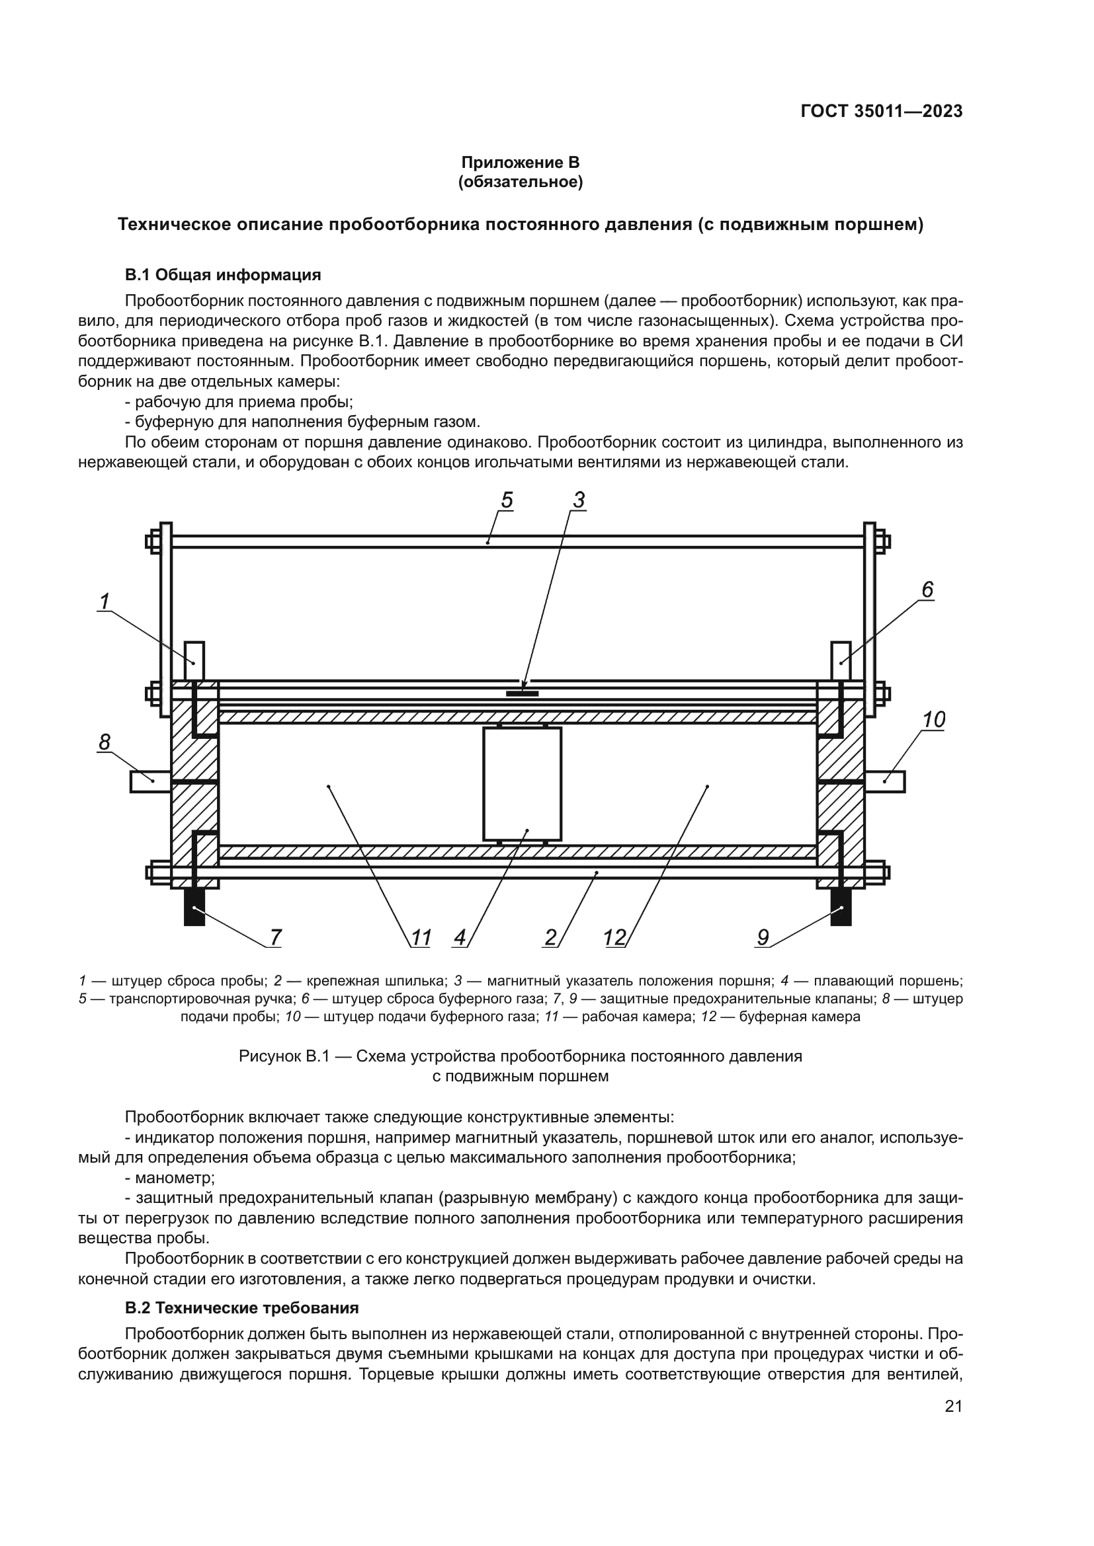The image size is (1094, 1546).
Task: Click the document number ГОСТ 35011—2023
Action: (881, 112)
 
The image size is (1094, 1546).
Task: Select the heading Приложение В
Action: (519, 163)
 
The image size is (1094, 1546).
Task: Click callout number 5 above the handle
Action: (507, 500)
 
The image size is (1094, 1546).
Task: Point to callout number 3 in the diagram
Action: (579, 500)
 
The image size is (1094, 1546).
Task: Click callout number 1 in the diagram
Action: (105, 601)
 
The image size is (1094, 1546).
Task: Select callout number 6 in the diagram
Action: (927, 590)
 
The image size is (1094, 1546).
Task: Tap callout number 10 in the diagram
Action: (933, 720)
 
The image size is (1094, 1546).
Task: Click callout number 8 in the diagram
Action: (105, 742)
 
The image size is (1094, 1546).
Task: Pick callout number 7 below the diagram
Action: (276, 937)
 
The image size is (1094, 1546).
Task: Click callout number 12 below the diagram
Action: (615, 937)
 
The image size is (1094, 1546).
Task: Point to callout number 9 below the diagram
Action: (763, 937)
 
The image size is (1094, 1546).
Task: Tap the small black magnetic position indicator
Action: (522, 693)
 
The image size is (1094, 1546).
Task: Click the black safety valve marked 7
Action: (194, 907)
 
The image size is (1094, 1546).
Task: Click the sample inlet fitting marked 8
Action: (150, 781)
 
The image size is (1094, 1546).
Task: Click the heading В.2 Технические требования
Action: (241, 1307)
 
